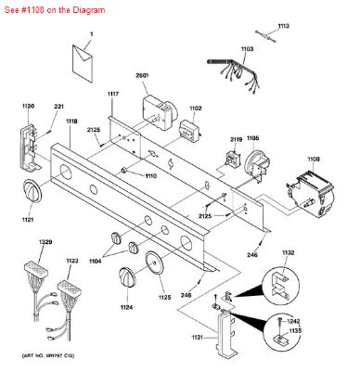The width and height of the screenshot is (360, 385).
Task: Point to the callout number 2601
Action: point(143,76)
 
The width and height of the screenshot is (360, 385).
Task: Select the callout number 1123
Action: point(72,262)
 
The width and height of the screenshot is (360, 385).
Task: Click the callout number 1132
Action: point(289,251)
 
